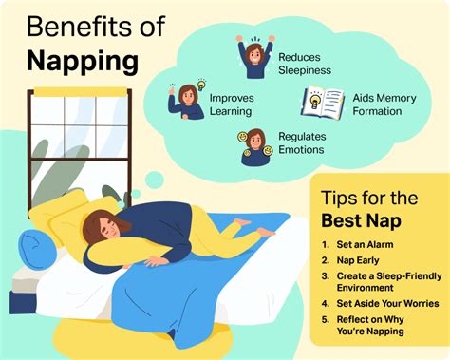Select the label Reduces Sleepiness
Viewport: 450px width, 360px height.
tap(306, 64)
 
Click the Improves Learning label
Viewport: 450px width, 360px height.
tap(231, 104)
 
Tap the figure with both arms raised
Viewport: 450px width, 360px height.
tap(254, 58)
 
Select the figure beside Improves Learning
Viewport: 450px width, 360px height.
tap(188, 100)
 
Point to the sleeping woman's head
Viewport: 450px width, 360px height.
tap(103, 229)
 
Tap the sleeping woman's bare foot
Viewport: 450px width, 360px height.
tap(267, 231)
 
